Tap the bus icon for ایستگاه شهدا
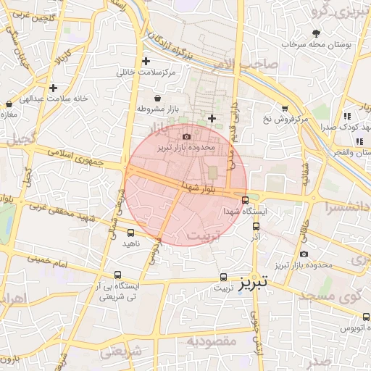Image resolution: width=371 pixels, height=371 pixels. pos(244,200)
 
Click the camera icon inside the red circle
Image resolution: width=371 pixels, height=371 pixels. pos(187,136)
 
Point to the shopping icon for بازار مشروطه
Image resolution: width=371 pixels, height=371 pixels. pos(158,98)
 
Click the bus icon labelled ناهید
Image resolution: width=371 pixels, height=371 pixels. pos(130,233)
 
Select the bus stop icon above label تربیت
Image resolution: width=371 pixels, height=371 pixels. pos(222,277)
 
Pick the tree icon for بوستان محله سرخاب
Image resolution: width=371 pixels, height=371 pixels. pos(316,33)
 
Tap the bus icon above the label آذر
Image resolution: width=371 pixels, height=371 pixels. pos(255,227)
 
